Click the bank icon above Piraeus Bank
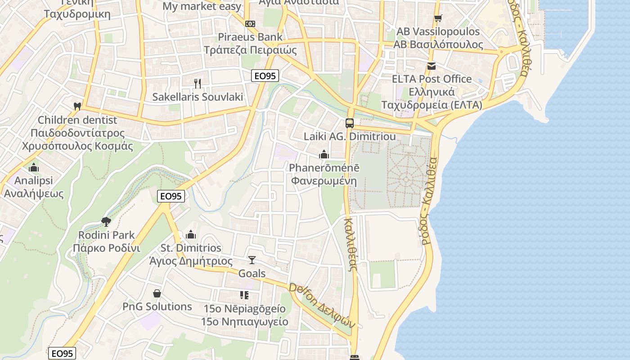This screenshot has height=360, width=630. click(x=250, y=23)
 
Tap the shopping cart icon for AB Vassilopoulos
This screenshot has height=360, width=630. click(x=438, y=18)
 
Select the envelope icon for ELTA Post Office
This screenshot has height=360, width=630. click(x=432, y=66)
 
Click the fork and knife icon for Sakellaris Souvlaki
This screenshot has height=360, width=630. click(x=197, y=83)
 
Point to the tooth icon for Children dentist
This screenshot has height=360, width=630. click(x=77, y=107)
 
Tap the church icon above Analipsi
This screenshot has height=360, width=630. click(x=33, y=167)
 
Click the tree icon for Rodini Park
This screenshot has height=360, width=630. click(x=106, y=221)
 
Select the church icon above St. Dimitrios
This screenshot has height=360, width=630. click(x=191, y=234)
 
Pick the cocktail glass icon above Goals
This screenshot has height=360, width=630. click(x=252, y=260)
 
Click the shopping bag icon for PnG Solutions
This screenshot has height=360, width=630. click(x=157, y=293)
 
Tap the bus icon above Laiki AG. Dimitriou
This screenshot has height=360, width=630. click(x=349, y=123)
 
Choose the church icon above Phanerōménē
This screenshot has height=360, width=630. click(x=324, y=154)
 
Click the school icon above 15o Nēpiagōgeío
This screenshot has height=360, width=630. click(x=244, y=295)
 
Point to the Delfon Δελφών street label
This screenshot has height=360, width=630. click(x=322, y=306)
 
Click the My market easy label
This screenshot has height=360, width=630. click(x=202, y=7)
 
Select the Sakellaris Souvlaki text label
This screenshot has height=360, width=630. click(x=198, y=97)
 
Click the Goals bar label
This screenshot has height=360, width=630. click(x=252, y=274)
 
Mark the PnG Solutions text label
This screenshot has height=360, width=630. click(x=157, y=307)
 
